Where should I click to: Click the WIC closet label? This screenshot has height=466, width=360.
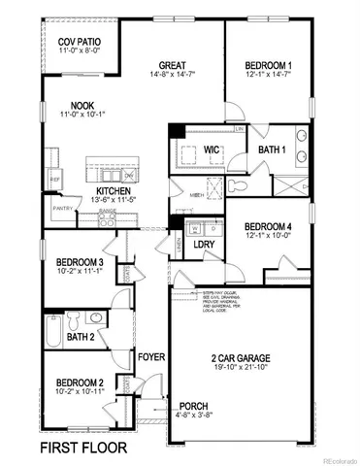click(x=213, y=150)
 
